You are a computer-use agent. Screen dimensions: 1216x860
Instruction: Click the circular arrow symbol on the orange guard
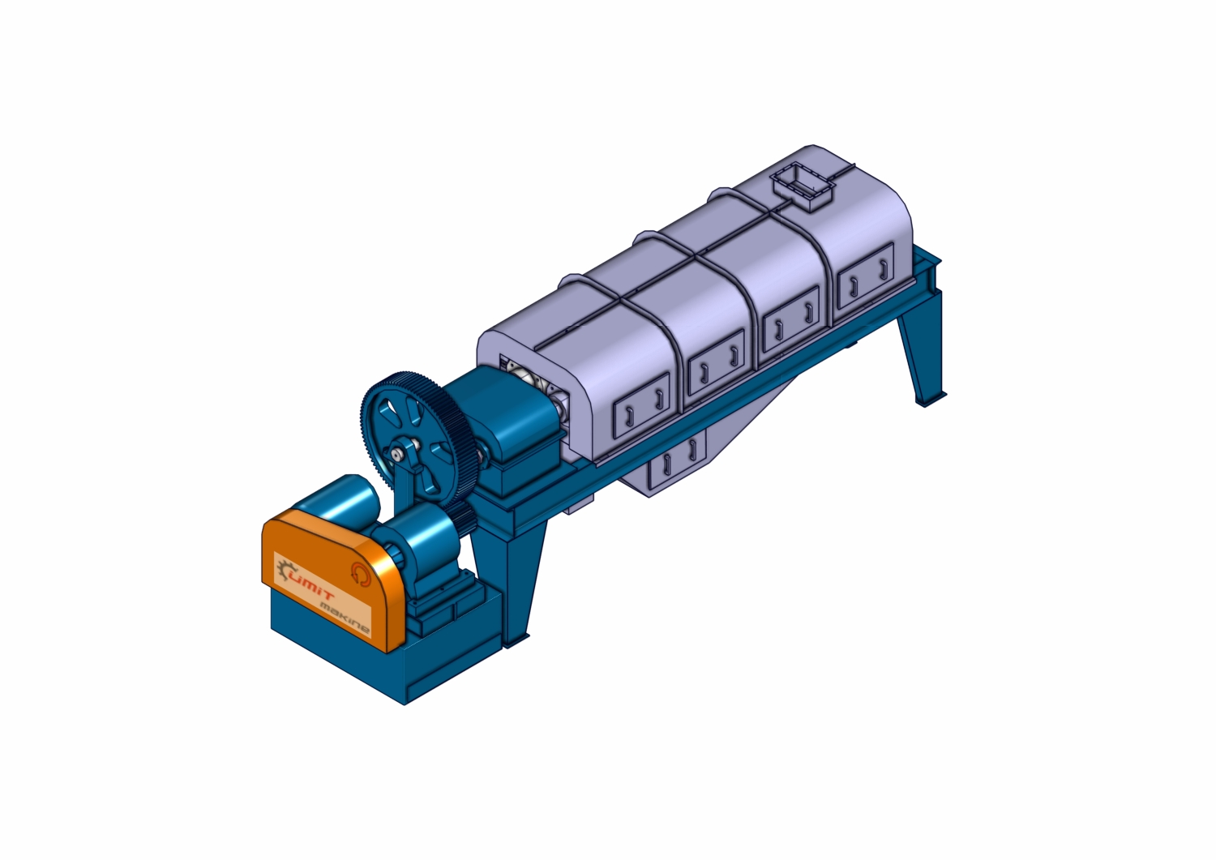(360, 573)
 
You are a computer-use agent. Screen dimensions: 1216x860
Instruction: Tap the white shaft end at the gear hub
(397, 453)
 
